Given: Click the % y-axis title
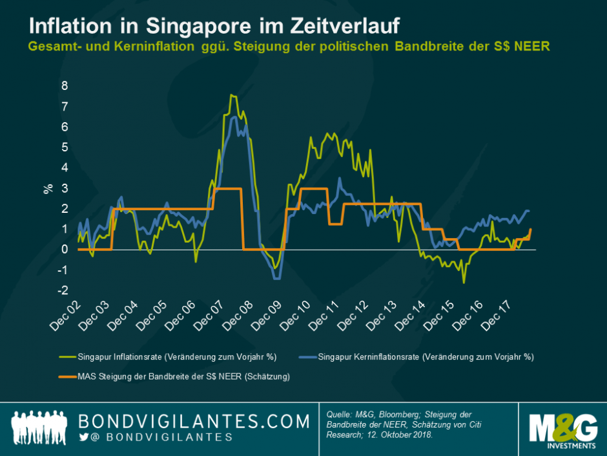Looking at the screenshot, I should point(48,189).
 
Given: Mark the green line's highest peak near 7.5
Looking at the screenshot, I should point(231,95).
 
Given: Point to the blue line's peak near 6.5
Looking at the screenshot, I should point(234,117).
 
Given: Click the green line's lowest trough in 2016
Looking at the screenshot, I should point(464,283).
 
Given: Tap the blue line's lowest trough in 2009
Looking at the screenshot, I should point(276,278).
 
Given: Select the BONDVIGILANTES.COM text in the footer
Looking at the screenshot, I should point(194,421).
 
